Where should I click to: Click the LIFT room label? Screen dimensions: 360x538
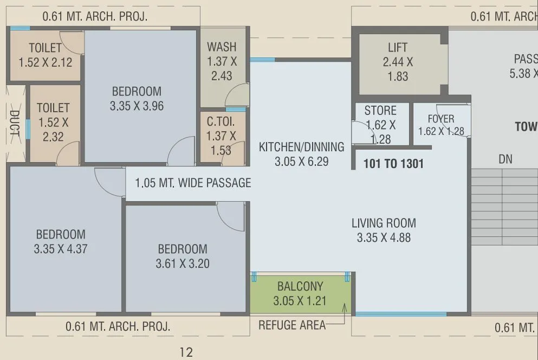point(398,48)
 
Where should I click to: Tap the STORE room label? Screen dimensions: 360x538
point(380,111)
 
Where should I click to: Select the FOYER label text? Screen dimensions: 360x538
point(441,119)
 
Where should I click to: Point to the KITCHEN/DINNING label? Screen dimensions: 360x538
point(301,147)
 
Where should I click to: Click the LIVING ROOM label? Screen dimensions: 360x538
point(384,223)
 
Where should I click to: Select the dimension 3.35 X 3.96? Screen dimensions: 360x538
point(137,106)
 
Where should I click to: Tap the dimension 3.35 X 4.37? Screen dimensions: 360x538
point(61,249)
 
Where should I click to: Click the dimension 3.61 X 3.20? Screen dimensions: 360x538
point(183,264)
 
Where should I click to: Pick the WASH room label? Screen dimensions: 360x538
point(222,47)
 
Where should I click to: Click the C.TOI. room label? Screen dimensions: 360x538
point(221,121)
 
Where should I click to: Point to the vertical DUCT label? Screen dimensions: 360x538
point(15,124)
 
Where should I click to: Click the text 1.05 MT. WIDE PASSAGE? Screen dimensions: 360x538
point(193,183)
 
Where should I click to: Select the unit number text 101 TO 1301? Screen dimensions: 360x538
point(393,164)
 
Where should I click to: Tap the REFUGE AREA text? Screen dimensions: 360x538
point(292,325)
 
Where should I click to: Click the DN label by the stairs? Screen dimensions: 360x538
point(505,159)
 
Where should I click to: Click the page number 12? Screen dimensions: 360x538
point(186,352)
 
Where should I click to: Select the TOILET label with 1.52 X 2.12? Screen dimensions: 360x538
point(45,48)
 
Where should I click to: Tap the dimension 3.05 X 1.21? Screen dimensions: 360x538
point(300,300)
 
